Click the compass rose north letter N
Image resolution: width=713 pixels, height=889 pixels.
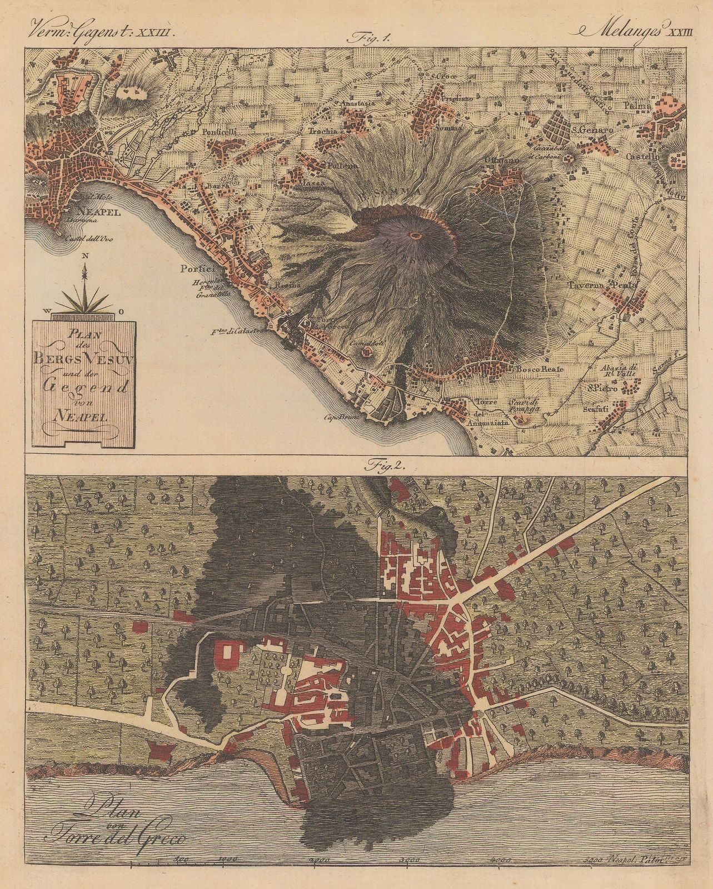click(x=84, y=256)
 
